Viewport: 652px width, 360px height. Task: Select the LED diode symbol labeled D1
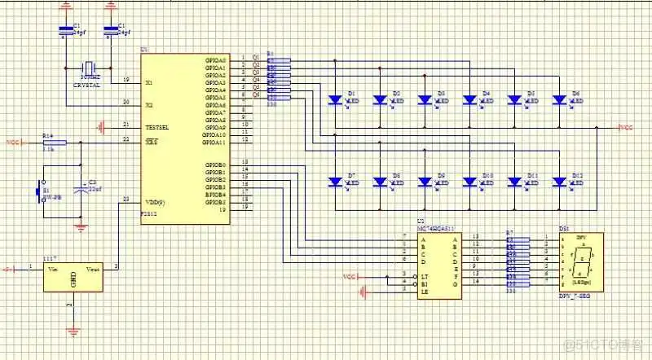[335, 100]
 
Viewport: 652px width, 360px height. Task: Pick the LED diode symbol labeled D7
[335, 181]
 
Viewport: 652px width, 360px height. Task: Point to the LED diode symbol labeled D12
[559, 181]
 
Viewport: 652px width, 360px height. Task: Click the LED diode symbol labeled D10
[469, 181]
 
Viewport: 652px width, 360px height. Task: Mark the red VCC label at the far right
[626, 128]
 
